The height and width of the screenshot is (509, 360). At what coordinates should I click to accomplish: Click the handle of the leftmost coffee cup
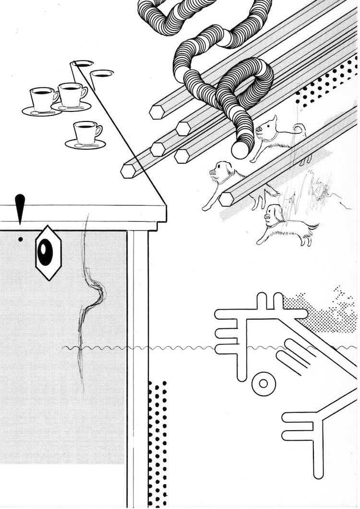tap(56, 96)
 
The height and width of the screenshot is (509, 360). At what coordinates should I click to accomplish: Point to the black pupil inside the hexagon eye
tap(45, 252)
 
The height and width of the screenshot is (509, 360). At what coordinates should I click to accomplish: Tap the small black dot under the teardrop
tap(20, 239)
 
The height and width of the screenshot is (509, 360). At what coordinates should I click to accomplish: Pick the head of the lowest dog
tap(273, 213)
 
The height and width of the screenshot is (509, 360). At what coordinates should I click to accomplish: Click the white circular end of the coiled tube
tap(240, 150)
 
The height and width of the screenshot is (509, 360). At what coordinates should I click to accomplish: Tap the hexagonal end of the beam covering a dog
tap(226, 199)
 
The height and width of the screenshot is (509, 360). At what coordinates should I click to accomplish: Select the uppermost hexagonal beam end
tap(157, 112)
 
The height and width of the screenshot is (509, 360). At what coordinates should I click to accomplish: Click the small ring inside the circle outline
tap(263, 383)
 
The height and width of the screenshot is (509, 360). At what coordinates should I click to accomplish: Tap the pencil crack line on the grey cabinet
tap(89, 298)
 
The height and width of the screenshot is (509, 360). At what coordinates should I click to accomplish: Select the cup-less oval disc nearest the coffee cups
tap(102, 73)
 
